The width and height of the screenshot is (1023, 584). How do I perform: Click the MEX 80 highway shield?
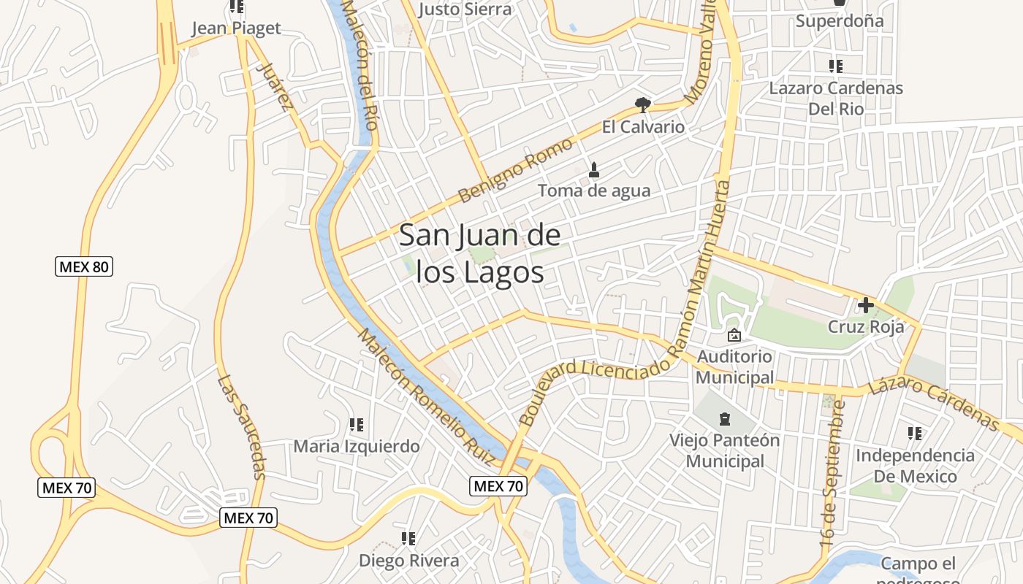click(84, 266)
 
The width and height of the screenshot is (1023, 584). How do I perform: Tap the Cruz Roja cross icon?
click(866, 304)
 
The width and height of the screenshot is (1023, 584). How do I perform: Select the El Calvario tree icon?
click(643, 105)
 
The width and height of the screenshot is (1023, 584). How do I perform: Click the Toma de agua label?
click(593, 191)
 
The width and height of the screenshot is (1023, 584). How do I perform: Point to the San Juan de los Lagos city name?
click(480, 253)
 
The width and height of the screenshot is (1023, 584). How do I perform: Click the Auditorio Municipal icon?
click(734, 335)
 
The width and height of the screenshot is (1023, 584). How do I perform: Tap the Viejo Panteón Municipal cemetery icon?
click(724, 419)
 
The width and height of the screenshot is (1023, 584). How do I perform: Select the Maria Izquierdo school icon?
click(357, 424)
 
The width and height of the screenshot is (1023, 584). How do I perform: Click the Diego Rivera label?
click(408, 561)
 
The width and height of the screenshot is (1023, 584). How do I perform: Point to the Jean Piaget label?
click(235, 28)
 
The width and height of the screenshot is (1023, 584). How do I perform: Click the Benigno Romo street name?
click(514, 171)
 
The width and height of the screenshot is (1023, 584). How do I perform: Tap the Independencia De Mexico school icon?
click(915, 434)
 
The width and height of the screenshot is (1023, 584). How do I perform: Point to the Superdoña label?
click(839, 20)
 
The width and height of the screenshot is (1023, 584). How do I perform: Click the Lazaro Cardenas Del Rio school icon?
click(836, 66)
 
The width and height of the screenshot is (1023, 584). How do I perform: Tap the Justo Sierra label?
click(465, 9)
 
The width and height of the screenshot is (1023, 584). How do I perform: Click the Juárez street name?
click(276, 86)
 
